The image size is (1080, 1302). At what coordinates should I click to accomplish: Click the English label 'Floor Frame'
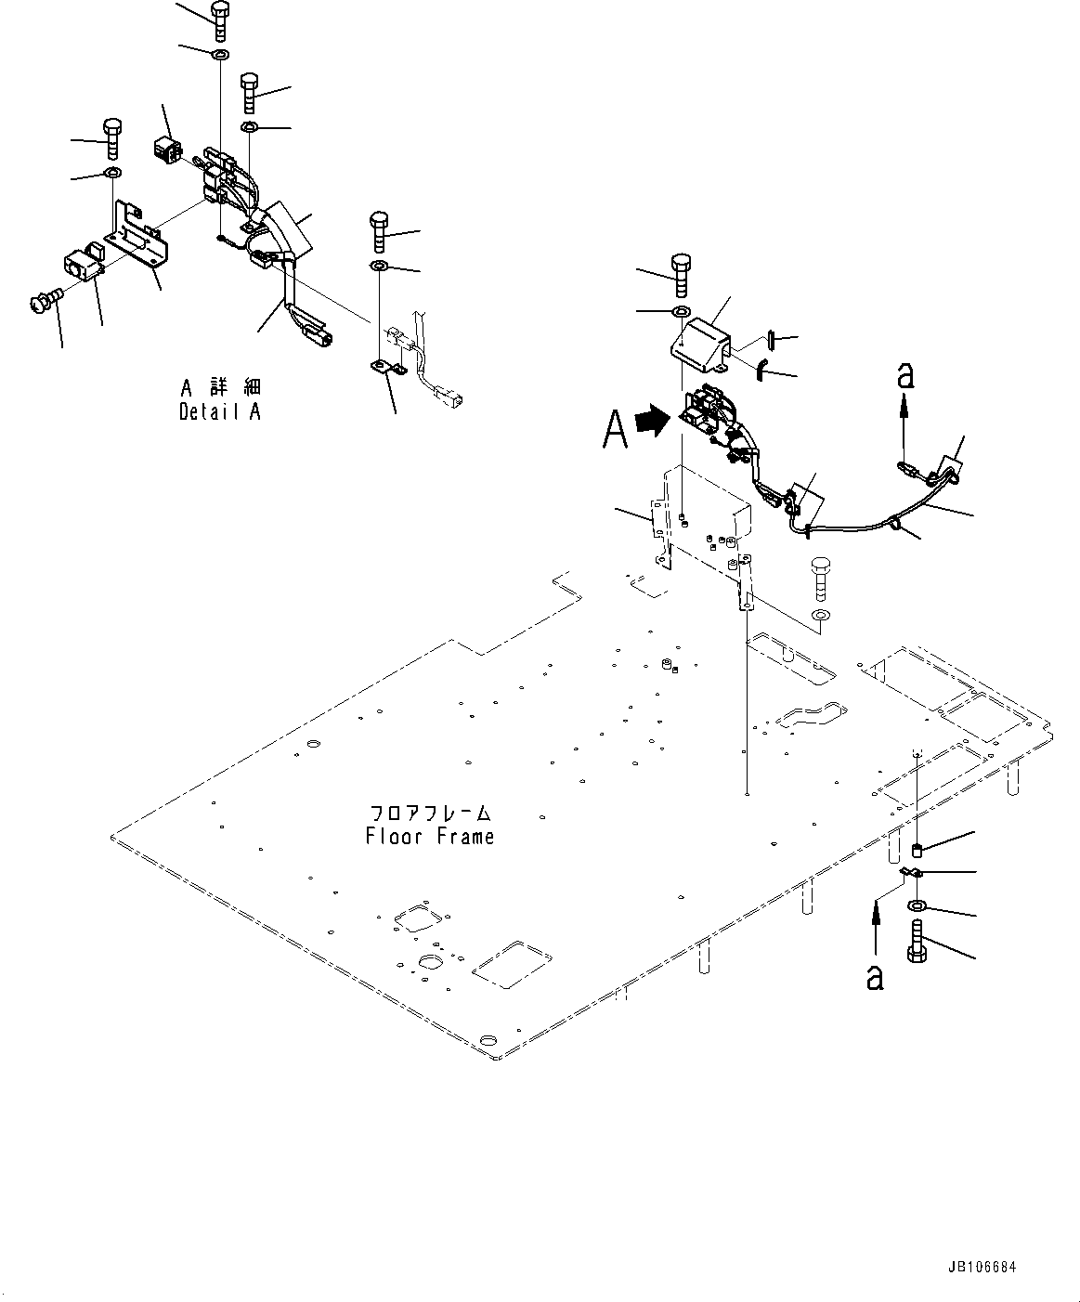pos(430,837)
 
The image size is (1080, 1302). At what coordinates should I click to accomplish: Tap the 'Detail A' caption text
pos(219,411)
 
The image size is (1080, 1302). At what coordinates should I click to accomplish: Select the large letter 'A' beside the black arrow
pos(614,429)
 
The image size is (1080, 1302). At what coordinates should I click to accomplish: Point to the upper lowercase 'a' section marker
pos(905,375)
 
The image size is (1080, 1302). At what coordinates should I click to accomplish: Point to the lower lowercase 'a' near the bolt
pos(875,976)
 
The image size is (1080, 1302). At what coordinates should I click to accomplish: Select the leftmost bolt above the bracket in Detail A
pos(111,137)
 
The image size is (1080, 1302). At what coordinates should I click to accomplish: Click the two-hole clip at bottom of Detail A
pos(389,369)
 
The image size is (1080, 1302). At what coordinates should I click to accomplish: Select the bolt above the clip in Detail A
pos(379,230)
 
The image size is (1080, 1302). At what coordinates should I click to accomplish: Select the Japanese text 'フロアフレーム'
pos(430,813)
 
